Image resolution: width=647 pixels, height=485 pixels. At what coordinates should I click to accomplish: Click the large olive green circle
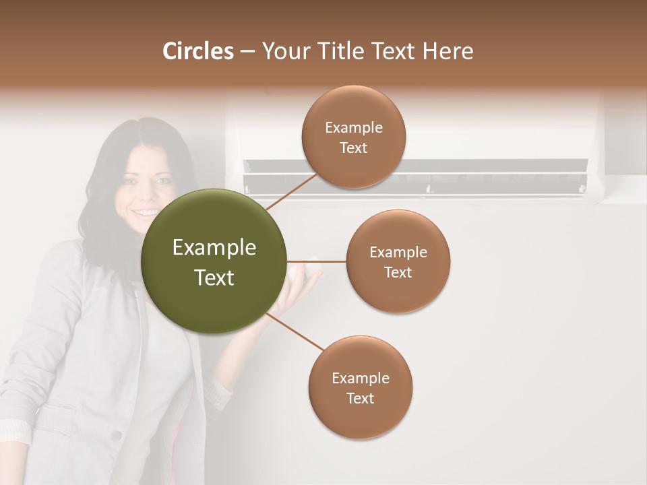pos(214,261)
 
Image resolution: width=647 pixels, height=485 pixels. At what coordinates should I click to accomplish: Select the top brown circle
pos(353,137)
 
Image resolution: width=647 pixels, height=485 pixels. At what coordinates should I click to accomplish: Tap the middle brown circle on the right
pos(398,261)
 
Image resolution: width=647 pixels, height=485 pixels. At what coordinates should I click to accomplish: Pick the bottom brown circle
pos(360,387)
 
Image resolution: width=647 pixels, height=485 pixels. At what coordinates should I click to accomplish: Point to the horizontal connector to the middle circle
pos(316,261)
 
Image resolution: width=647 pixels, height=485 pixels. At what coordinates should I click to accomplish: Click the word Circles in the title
pos(197,51)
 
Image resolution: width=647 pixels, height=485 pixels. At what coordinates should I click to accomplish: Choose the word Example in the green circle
pos(214,248)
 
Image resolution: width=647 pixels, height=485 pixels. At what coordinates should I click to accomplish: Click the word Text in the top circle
pos(353,148)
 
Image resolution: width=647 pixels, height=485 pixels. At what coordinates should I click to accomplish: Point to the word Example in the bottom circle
pos(360,378)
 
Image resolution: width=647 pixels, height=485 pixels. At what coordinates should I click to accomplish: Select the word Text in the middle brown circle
pos(398,273)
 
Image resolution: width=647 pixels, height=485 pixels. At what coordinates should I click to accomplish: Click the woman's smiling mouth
pos(144,214)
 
